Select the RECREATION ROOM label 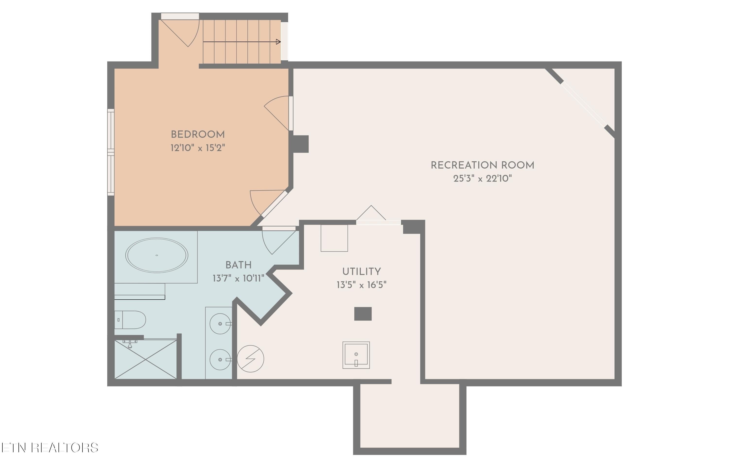pos(482,165)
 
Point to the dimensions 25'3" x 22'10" pos(482,178)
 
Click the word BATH pos(238,265)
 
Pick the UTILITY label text pos(361,272)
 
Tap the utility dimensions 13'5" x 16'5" pos(361,285)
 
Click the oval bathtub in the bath pos(156,255)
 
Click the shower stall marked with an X pos(146,360)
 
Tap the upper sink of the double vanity pos(220,324)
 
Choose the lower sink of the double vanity pos(220,359)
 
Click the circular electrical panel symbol pos(250,359)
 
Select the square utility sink pos(356,355)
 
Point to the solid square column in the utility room pos(363,314)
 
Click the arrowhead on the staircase pos(278,42)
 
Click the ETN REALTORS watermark pos(49,448)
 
